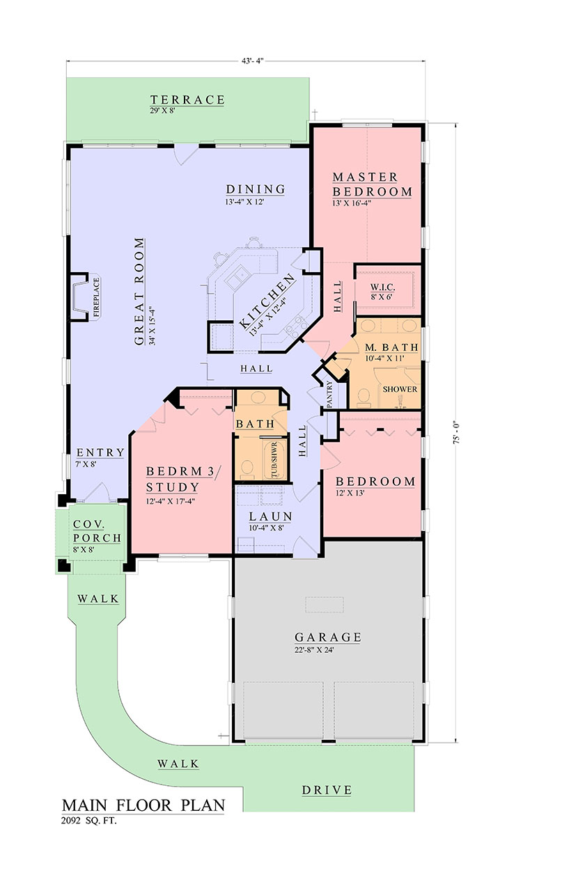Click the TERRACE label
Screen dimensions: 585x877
(x=187, y=100)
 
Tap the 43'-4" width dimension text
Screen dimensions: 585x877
(x=253, y=61)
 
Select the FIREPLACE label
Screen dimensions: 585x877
(x=96, y=297)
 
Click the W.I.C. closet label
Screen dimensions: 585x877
(x=382, y=287)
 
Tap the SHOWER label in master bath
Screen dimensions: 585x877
(x=400, y=389)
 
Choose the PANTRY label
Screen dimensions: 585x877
(x=329, y=394)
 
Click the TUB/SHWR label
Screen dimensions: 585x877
(x=274, y=460)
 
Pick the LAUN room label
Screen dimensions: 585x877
(x=271, y=516)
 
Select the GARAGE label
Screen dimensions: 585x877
(x=327, y=637)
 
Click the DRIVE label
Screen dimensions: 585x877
(x=327, y=790)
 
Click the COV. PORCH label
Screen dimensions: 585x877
(x=97, y=531)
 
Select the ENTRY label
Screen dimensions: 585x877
(x=100, y=452)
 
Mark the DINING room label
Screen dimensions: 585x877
(x=256, y=189)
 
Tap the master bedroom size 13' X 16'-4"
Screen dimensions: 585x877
(x=352, y=203)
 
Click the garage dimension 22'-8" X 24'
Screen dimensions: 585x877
(x=314, y=650)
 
